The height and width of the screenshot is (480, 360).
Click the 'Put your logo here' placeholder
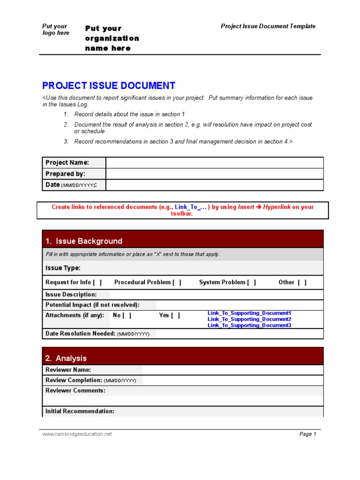coord(55,30)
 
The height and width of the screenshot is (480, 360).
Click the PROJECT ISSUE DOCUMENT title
coord(109,86)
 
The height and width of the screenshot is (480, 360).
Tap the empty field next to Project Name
coord(214,163)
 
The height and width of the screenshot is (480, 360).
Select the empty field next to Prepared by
coord(214,174)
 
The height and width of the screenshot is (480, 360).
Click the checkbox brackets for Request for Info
coord(97,282)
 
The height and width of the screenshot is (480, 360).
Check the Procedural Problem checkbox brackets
coord(177,282)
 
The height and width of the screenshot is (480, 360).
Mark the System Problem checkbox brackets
coord(252,282)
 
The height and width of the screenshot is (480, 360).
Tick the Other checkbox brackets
coord(302,282)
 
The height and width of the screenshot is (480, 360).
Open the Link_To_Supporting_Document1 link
coord(249,313)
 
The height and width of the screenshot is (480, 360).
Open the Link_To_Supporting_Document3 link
coord(249,325)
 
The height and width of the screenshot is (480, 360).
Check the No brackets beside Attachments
coord(127,315)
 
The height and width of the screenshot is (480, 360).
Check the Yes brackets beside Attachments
coord(175,315)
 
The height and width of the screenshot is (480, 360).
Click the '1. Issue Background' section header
coord(84,241)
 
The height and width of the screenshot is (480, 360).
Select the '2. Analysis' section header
coord(66,358)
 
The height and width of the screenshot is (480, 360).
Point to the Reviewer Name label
coord(68,370)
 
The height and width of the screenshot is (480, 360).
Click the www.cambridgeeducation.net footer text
coord(77,434)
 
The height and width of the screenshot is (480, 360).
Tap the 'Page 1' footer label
coord(308,434)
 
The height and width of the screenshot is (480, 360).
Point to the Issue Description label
coord(71,294)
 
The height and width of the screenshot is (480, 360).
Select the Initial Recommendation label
coord(80,411)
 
